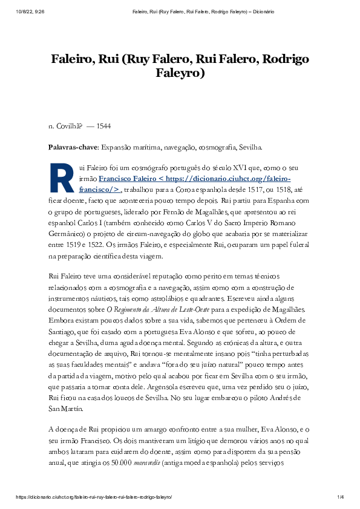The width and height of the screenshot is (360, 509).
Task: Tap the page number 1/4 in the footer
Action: click(340, 497)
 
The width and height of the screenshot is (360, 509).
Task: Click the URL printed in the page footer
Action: click(94, 497)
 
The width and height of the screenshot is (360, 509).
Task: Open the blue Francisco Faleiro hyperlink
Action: click(194, 179)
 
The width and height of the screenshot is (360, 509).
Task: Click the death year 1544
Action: click(103, 126)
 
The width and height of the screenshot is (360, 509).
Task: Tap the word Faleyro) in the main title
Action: click(180, 74)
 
